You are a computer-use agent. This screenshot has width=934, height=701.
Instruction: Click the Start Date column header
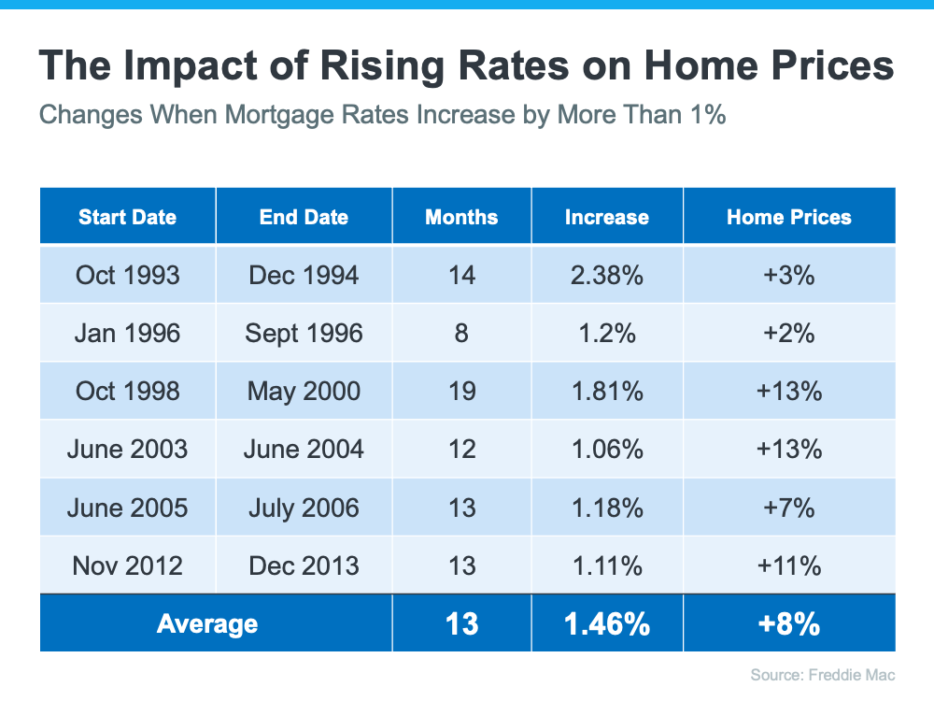click(127, 217)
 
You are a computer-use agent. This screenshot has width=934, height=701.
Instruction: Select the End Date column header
click(304, 217)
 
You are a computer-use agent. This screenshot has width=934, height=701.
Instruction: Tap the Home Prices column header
click(789, 217)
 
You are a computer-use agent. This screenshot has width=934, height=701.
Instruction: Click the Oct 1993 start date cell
click(127, 275)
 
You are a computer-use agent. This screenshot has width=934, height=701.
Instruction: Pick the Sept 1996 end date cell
click(304, 333)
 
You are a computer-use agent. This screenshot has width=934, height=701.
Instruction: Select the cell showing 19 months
click(461, 391)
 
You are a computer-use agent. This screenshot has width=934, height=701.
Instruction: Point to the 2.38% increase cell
click(606, 275)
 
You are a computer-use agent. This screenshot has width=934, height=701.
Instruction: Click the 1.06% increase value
click(606, 449)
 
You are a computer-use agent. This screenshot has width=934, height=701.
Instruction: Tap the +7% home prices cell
click(789, 507)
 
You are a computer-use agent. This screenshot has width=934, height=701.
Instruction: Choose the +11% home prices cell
click(789, 565)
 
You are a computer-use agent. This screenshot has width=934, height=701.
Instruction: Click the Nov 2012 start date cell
click(127, 565)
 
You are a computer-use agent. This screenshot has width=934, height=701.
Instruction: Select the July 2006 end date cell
click(304, 507)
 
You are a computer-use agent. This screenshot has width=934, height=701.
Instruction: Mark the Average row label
click(207, 623)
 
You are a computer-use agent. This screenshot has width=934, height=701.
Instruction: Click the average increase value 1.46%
click(606, 623)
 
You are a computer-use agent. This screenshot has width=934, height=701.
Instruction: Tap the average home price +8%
click(789, 623)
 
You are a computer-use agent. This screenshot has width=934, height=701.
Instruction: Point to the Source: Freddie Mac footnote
click(823, 674)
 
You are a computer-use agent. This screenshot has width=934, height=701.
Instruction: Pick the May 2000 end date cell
click(304, 391)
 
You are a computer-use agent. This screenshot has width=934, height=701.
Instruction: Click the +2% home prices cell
click(789, 333)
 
